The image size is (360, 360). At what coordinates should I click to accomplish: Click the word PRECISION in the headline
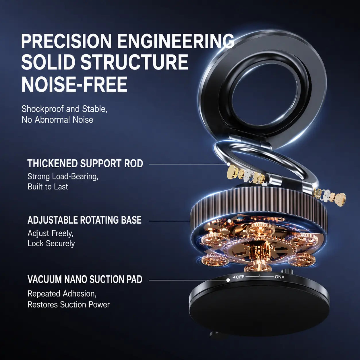[67, 41]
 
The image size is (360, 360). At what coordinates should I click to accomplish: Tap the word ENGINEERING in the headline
[175, 41]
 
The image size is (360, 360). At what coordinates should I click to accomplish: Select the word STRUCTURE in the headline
[134, 62]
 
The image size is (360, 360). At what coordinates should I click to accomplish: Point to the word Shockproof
[43, 109]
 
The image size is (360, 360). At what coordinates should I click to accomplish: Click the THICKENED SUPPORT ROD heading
[85, 163]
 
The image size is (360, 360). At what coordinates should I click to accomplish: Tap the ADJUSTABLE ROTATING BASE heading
[84, 220]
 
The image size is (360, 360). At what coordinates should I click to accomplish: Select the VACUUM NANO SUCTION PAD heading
[85, 279]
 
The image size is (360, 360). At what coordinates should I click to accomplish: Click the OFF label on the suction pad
[240, 277]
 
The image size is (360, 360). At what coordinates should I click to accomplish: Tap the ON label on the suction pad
[278, 277]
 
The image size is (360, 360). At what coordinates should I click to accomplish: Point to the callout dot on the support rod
[228, 164]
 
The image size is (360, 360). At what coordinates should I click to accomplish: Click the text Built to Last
[48, 187]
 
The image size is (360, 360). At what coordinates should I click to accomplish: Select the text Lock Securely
[51, 243]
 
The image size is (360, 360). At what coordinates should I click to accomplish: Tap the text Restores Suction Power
[69, 305]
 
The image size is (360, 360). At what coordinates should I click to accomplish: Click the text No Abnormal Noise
[57, 120]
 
